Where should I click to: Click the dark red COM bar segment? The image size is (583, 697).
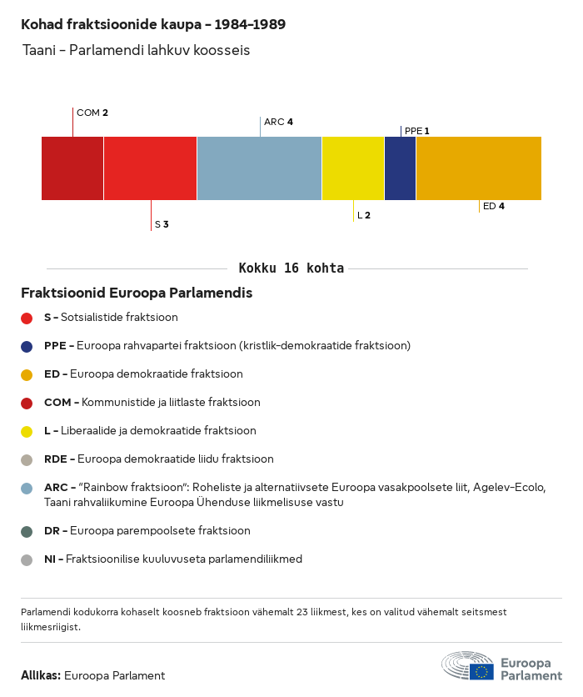coord(72,168)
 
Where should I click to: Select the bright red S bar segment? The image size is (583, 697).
coord(150,168)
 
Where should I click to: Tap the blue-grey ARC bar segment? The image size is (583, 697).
coord(259,168)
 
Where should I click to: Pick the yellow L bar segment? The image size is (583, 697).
coord(353,168)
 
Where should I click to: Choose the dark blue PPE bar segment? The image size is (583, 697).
coord(400,168)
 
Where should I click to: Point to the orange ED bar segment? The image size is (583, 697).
coord(478,168)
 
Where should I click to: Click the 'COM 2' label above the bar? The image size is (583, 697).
coord(92,113)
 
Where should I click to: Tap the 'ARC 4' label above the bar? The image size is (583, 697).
coord(278,122)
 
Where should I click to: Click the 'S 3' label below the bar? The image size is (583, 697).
coord(162,224)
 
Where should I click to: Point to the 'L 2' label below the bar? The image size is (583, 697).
coord(364,215)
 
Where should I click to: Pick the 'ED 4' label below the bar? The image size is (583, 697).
coord(494,206)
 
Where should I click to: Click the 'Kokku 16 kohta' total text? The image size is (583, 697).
coord(291,268)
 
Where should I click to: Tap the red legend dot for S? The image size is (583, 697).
coord(27,318)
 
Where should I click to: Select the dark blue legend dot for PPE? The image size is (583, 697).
coord(27,346)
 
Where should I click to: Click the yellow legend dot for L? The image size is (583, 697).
coord(27,432)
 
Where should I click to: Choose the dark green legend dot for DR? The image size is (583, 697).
coord(27,531)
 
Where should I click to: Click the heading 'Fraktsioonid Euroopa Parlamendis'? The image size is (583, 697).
coord(137,293)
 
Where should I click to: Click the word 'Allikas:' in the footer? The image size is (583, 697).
coord(41,676)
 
